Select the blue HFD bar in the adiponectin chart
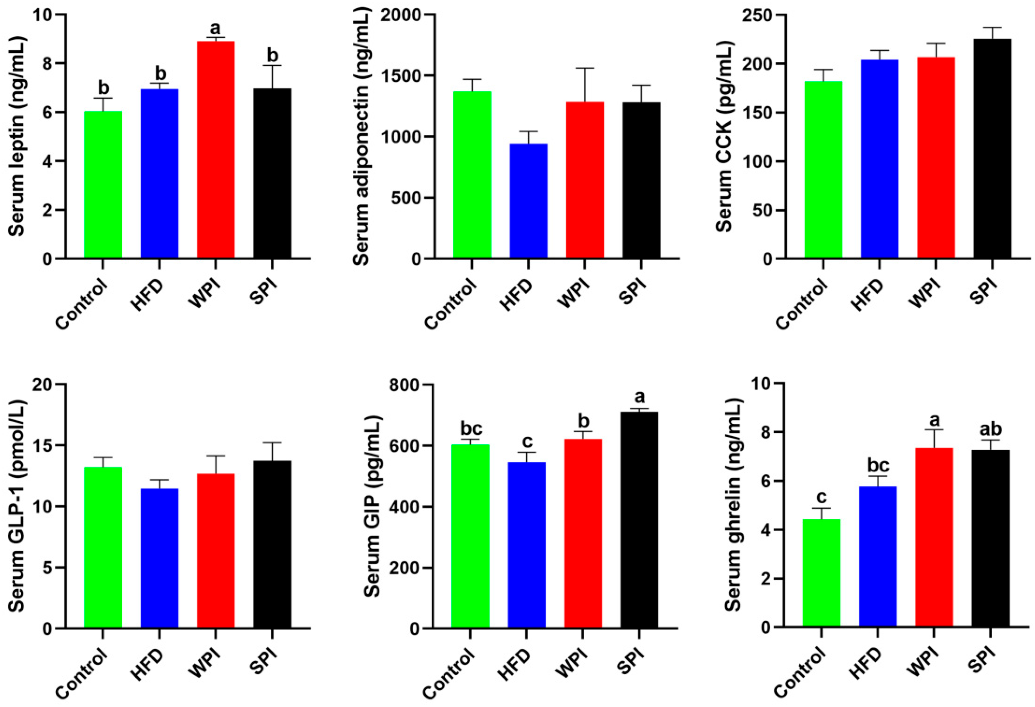pyautogui.click(x=528, y=200)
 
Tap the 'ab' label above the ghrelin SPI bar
pyautogui.click(x=992, y=430)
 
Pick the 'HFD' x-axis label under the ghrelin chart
pyautogui.click(x=866, y=663)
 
